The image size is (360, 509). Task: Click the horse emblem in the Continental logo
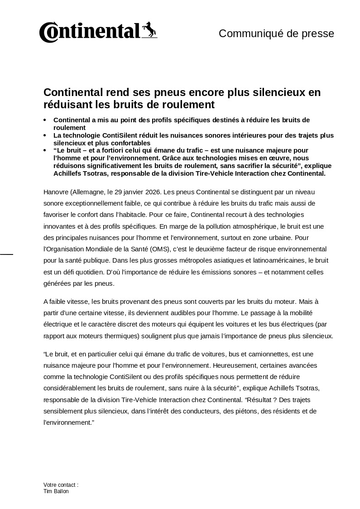[150, 29]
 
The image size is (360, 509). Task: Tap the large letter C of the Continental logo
[47, 33]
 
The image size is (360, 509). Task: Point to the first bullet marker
[45, 120]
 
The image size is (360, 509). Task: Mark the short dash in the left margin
[6, 254]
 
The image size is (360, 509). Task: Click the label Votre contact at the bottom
[61, 485]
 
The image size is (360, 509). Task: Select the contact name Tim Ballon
[56, 491]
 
